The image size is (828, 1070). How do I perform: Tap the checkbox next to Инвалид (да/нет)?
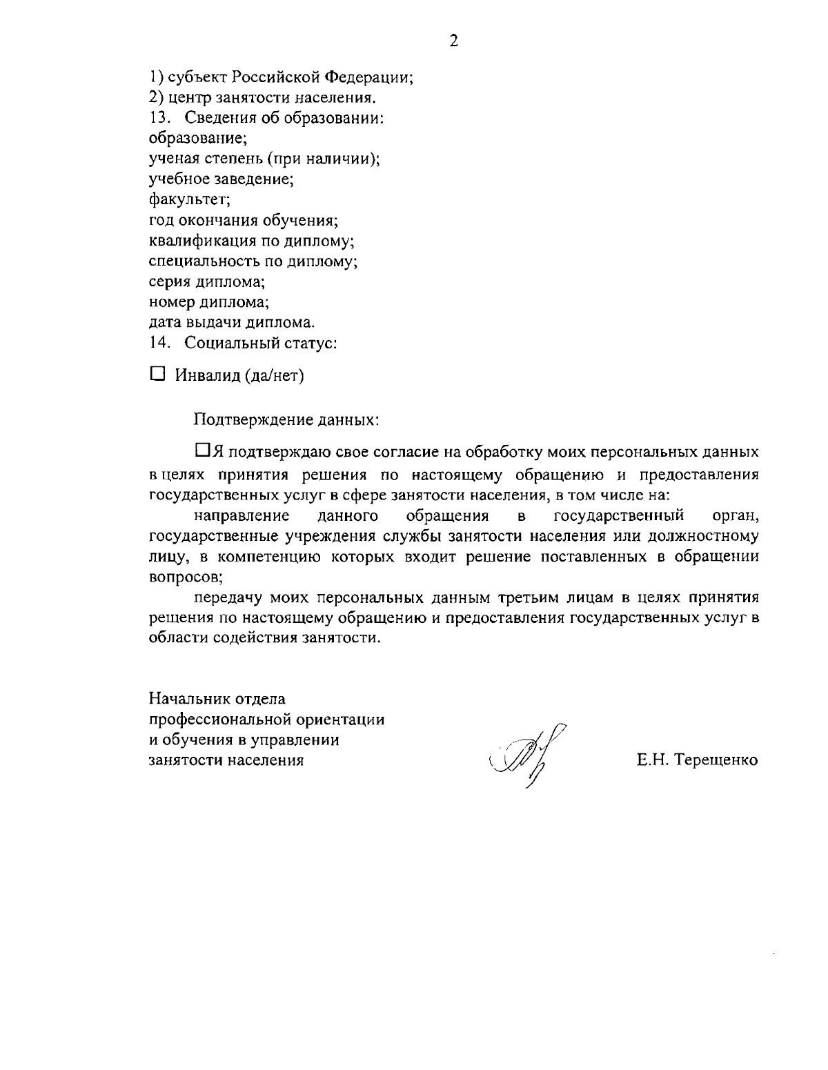[158, 374]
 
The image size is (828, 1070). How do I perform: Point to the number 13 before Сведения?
[159, 118]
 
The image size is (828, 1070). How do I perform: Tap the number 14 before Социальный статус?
[159, 343]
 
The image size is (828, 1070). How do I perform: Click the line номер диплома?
[209, 302]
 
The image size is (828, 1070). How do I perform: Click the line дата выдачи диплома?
[232, 322]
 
